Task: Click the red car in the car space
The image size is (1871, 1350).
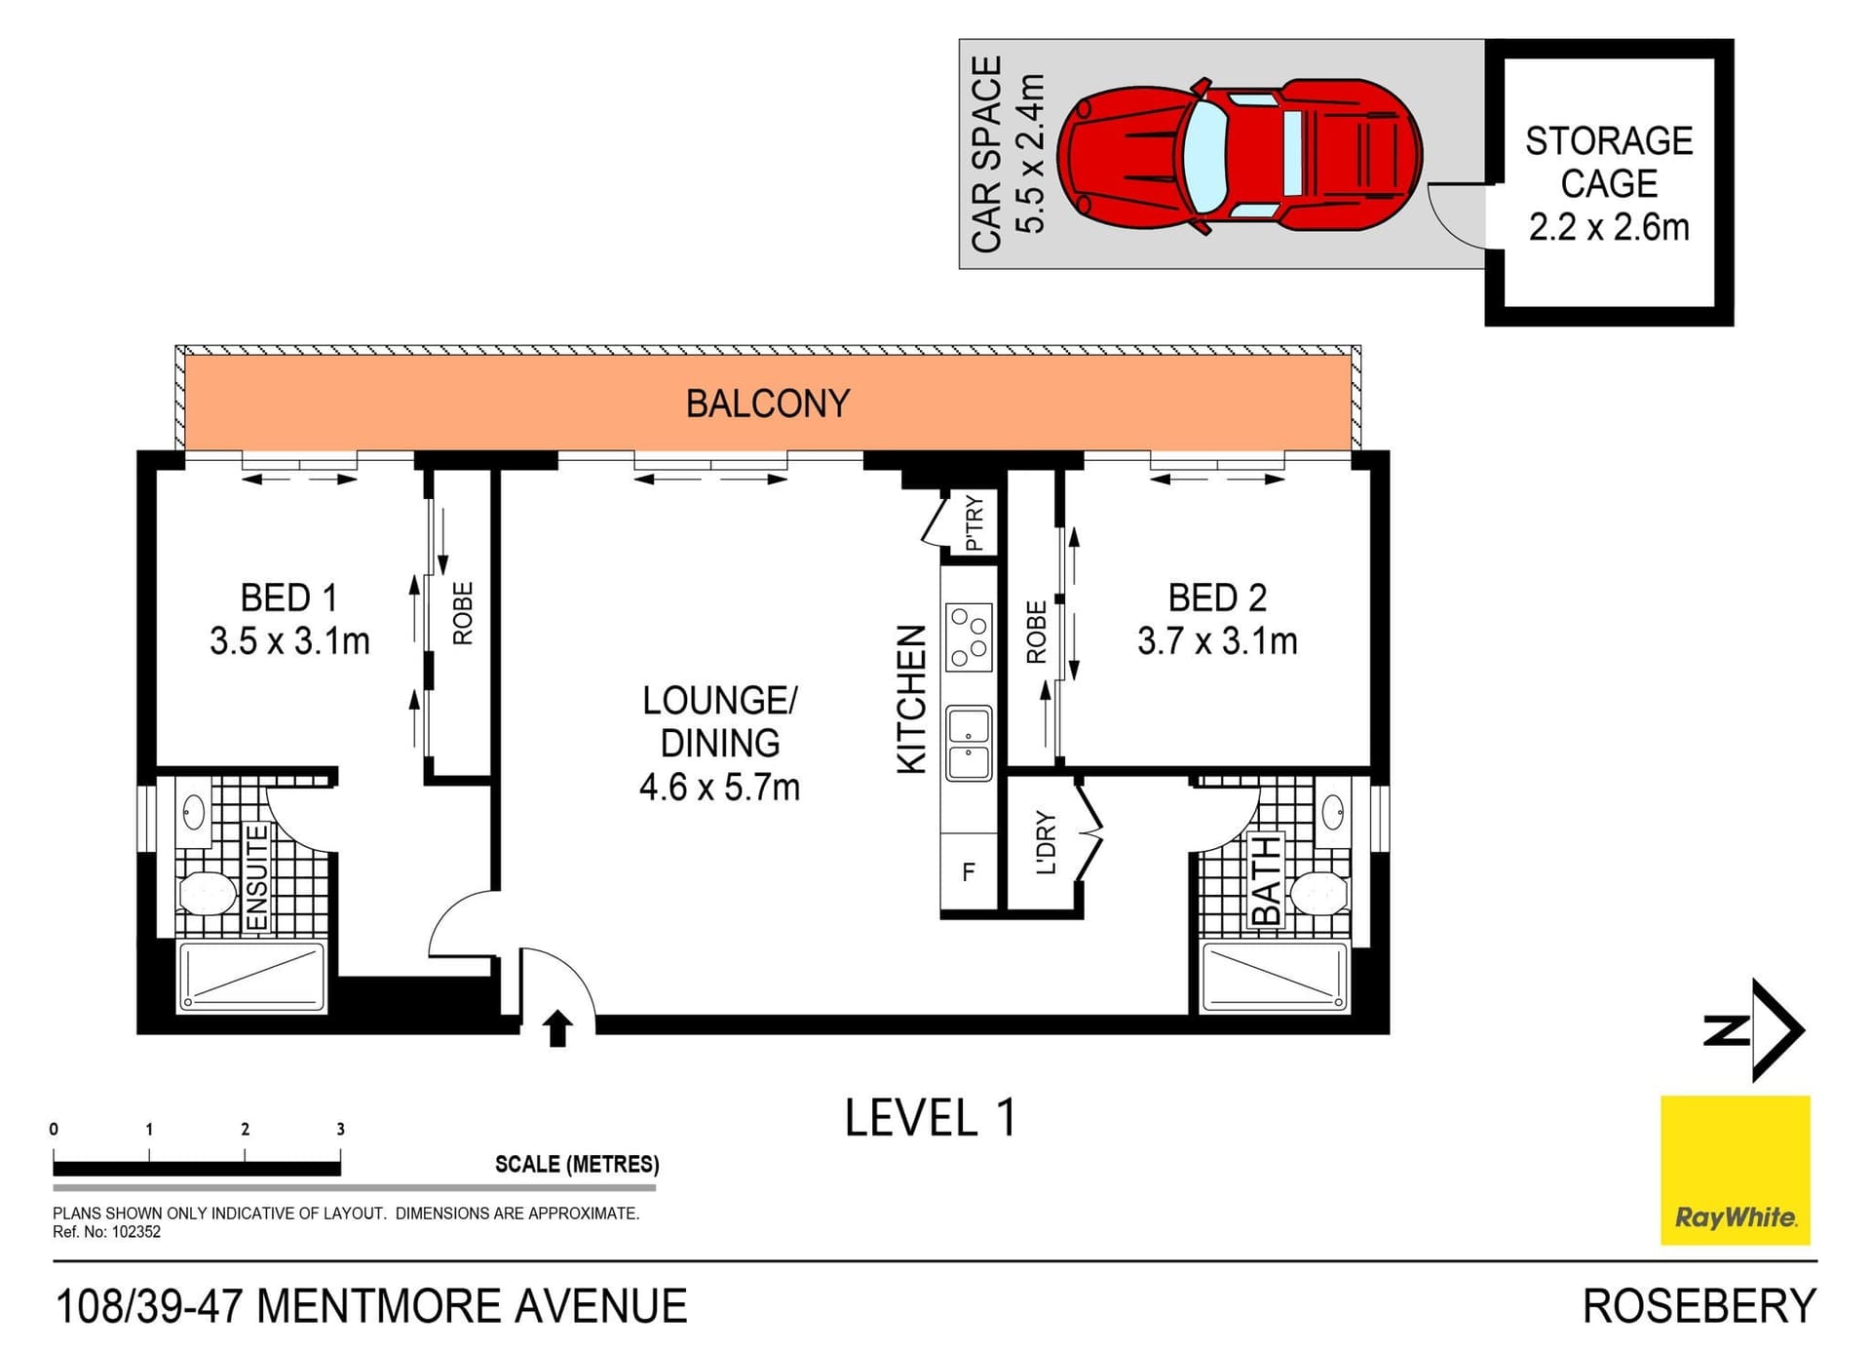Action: point(1240,156)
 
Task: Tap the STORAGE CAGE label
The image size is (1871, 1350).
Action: point(1609,162)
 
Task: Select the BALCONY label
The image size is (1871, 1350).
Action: point(768,404)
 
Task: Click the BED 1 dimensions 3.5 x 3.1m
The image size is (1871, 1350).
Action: point(289,640)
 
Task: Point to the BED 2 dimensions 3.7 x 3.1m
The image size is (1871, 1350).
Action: point(1217,640)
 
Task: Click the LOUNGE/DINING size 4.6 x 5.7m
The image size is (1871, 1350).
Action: point(719,787)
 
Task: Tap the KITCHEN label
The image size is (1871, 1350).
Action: point(911,700)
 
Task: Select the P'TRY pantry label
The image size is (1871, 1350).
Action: point(974,523)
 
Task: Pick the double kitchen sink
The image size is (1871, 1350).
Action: point(969,743)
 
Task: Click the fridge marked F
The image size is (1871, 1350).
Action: point(969,871)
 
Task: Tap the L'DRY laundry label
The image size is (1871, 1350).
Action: point(1045,842)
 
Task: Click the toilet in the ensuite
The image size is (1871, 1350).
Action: point(208,893)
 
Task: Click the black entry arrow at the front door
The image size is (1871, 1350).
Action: point(557,1028)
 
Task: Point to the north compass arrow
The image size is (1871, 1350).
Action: point(1777,1030)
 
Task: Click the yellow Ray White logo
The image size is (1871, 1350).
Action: point(1735,1170)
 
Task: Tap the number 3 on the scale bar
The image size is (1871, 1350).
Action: point(340,1129)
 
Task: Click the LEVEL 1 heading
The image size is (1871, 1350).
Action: point(931,1118)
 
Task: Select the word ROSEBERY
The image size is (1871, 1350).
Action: point(1699,1306)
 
